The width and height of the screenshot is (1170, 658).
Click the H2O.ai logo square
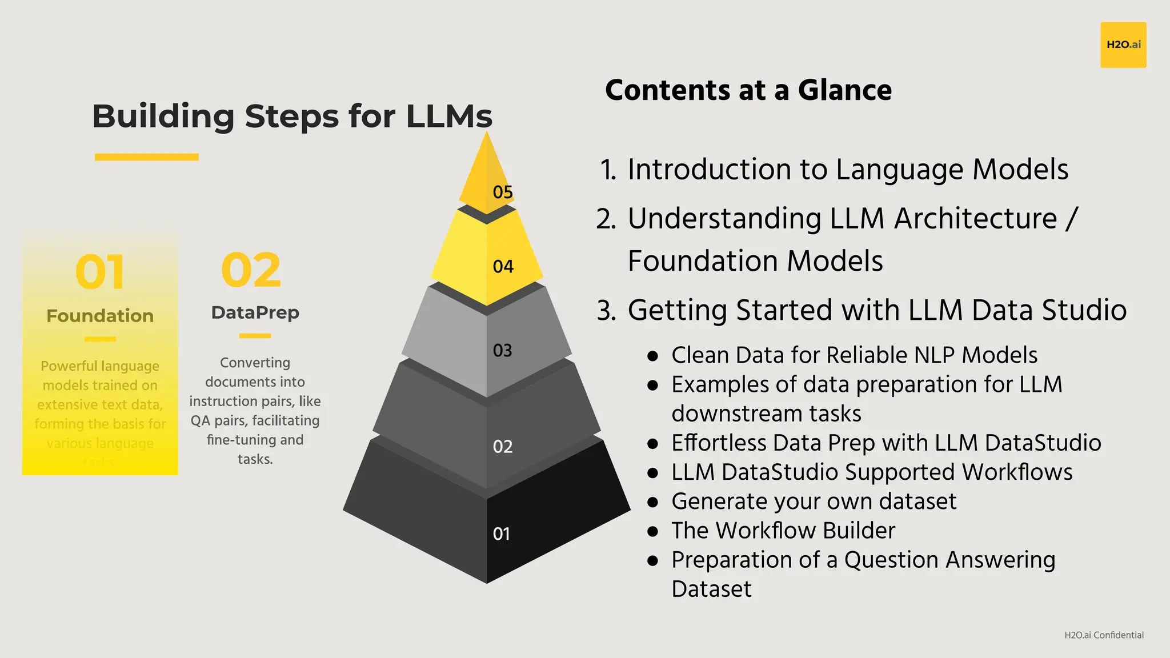coord(1123,45)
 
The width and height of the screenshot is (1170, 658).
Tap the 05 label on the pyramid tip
coord(503,192)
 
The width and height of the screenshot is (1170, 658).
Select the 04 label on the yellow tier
coord(503,266)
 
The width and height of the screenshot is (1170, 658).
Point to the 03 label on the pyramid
coord(503,350)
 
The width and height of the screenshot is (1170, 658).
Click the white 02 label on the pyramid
coord(503,446)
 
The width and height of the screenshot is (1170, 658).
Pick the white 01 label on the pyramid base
coord(501,533)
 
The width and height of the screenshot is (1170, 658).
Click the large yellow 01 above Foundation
coord(100,272)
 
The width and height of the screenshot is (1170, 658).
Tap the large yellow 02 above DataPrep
coord(251,270)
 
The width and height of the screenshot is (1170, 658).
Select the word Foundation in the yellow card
coord(100,316)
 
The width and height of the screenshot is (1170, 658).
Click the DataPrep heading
coord(255,312)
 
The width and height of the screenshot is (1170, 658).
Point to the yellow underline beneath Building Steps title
coord(147,157)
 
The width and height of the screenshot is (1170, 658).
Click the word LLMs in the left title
coord(449,117)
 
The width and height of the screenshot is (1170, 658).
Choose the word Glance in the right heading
coord(844,90)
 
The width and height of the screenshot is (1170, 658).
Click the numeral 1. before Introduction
coord(608,170)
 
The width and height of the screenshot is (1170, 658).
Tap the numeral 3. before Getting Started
coord(606,311)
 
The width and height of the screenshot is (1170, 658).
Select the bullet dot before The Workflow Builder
coord(652,531)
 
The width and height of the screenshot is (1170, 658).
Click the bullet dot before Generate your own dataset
coord(652,502)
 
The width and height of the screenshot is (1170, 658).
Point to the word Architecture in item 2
coord(975,219)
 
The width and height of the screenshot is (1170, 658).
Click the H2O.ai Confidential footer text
coord(1104,635)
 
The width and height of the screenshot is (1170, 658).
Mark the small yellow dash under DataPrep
coord(255,336)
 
